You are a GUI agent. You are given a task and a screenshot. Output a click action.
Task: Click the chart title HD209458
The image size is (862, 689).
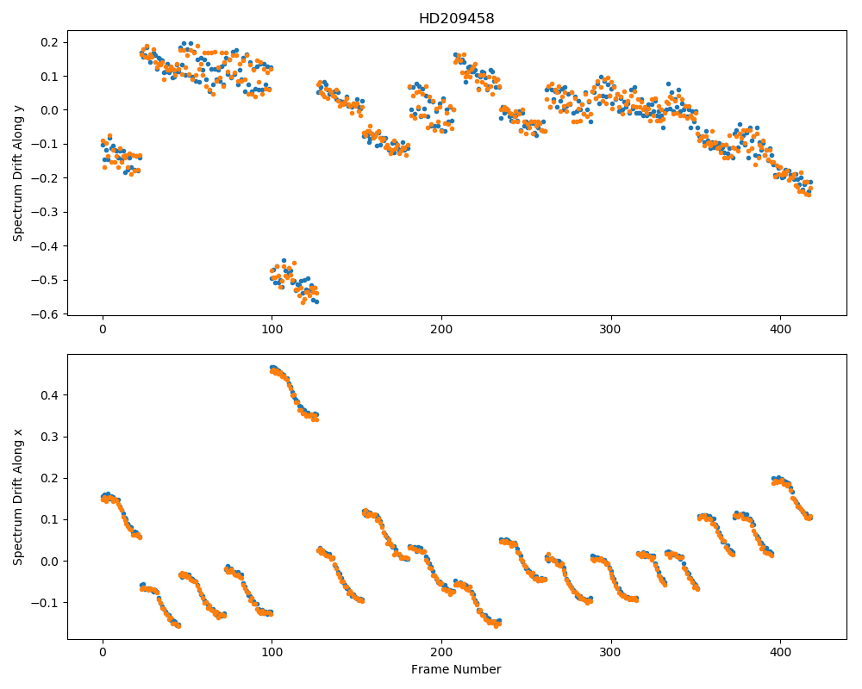coord(456,19)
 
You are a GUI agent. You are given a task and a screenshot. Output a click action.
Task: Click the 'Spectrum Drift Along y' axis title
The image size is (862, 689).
coord(18,172)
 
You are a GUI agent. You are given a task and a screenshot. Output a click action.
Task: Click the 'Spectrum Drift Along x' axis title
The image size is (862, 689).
coord(18,497)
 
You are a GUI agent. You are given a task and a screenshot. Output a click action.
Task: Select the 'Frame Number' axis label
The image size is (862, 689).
coord(456,669)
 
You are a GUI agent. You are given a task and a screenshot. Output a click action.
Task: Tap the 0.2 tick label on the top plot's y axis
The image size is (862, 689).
coord(53,42)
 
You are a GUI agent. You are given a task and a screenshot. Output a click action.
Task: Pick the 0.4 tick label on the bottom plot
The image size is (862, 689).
coord(53,395)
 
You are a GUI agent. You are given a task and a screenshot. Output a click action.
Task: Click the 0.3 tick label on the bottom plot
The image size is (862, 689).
coord(53,437)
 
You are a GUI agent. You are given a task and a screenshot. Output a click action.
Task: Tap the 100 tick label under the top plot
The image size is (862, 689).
coord(272,329)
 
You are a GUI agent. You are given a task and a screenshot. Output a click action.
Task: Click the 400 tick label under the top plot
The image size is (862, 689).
coord(781,329)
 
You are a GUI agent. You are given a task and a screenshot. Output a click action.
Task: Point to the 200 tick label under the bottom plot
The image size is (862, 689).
coord(441,653)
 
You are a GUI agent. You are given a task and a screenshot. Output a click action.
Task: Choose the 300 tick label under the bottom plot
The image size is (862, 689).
coord(611,653)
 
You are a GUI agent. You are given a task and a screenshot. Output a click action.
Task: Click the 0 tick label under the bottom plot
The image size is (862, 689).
coord(103,653)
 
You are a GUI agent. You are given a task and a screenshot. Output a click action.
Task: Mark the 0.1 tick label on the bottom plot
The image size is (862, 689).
coord(53,520)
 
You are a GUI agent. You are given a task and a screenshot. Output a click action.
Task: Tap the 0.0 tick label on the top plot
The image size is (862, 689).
coord(53,110)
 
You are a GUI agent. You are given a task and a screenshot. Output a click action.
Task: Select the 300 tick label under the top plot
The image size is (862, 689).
coord(611,329)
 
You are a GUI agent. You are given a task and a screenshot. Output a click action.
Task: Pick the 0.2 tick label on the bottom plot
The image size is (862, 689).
coord(53,478)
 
